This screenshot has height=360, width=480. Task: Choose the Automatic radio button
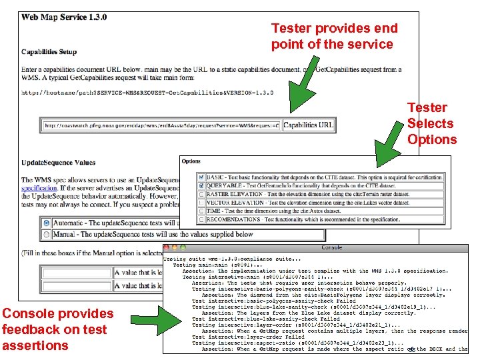pos(46,223)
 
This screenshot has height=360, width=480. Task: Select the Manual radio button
pos(46,234)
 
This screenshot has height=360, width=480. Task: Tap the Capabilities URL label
pos(308,125)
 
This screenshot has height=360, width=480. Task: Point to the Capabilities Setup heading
pos(49,51)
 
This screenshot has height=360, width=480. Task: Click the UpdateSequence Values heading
pos(58,162)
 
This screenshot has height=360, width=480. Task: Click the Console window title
pos(331,247)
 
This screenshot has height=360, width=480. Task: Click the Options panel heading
pos(191,161)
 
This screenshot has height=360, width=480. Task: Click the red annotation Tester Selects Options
pos(431,123)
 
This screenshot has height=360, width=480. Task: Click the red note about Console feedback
pos(57,329)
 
